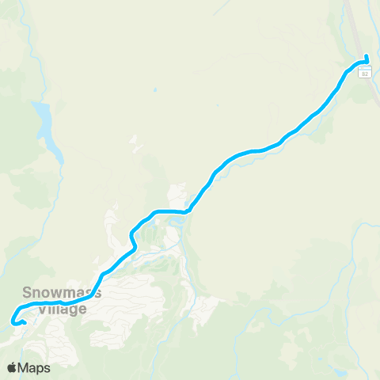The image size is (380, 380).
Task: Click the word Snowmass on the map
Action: click(x=62, y=292)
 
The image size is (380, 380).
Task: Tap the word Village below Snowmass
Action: click(x=62, y=310)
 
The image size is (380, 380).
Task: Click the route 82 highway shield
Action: click(x=364, y=73)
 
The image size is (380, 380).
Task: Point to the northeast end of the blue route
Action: click(x=367, y=57)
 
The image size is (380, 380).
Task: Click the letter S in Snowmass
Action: click(x=28, y=292)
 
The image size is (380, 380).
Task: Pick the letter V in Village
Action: click(x=42, y=310)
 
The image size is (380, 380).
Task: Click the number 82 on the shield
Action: click(x=364, y=73)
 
